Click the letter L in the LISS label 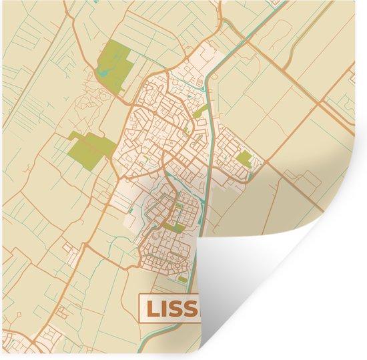pos(152,308)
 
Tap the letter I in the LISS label pos(165,308)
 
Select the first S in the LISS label pos(177,308)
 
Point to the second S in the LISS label pos(192,308)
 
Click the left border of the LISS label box pos(139,308)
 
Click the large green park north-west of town pos(113,65)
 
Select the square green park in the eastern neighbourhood pos(245,159)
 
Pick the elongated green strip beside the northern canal pos(200,111)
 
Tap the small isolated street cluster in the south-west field pos(70,248)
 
